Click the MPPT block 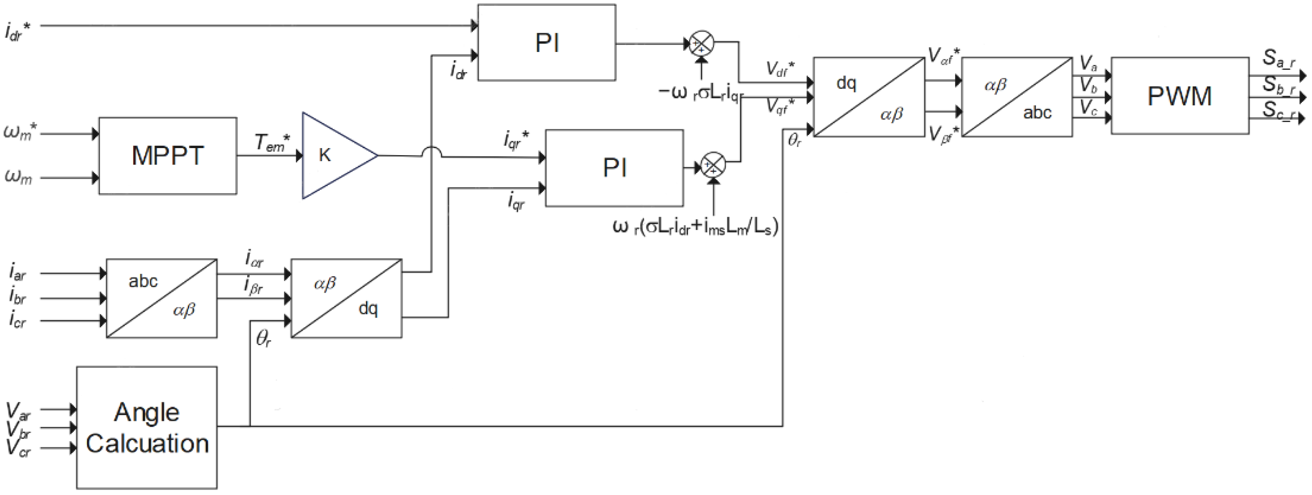(x=168, y=156)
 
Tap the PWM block (x=1179, y=96)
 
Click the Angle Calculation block (x=147, y=428)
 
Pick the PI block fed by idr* (x=546, y=43)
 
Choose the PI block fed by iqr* (x=614, y=168)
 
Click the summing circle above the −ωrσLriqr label (x=701, y=44)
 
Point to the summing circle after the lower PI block (x=713, y=165)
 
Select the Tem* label (x=272, y=142)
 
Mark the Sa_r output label (x=1278, y=59)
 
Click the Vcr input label (x=18, y=448)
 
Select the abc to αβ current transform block (x=162, y=298)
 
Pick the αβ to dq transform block (x=346, y=298)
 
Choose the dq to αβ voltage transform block (x=868, y=97)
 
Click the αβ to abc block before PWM (x=1017, y=97)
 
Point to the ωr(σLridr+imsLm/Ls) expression (x=695, y=227)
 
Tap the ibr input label (x=17, y=296)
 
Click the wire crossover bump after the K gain (x=432, y=151)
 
